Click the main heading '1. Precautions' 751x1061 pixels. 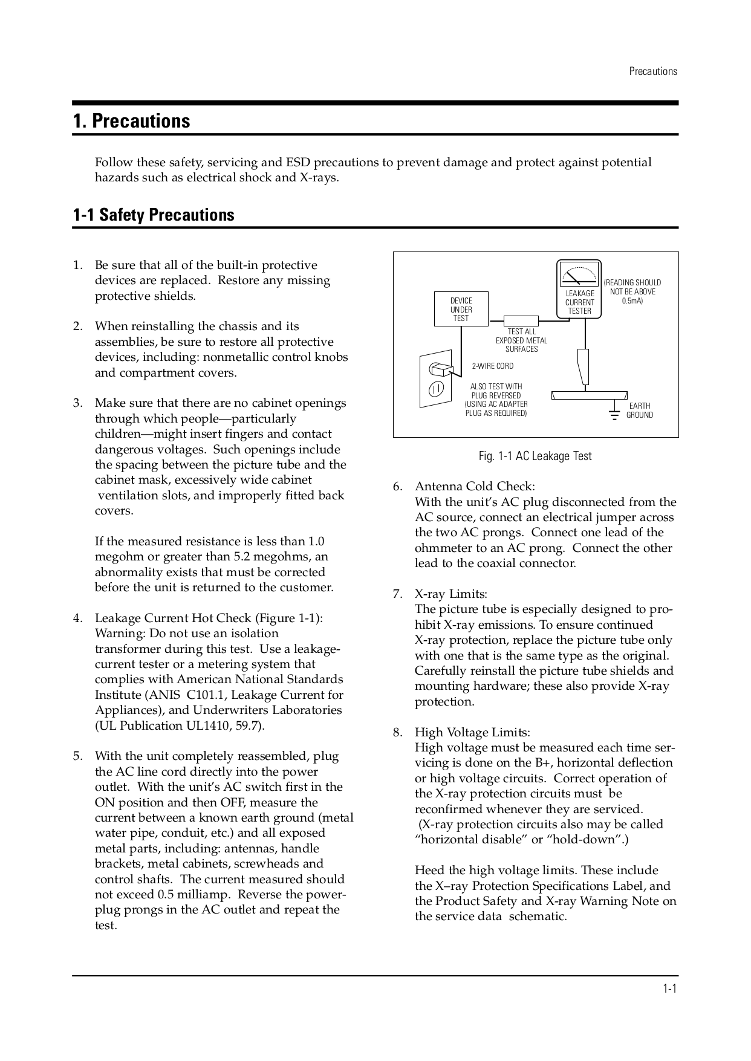pos(131,121)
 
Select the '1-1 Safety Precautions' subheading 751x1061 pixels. pos(154,215)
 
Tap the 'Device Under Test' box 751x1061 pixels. pos(461,309)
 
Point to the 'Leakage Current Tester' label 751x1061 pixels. pos(579,302)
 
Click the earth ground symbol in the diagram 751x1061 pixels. pos(614,414)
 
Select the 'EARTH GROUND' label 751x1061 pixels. pos(639,410)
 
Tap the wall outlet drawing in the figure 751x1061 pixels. pos(435,379)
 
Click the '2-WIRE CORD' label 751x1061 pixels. pos(492,366)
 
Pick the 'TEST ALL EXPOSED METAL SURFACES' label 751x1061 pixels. pos(521,340)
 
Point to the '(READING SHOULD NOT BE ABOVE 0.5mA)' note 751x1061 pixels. pos(632,291)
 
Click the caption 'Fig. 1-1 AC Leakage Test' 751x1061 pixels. pos(535,456)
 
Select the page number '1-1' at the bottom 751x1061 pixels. pos(669,989)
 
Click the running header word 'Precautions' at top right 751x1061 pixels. pos(652,71)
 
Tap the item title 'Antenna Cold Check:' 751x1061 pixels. pos(475,487)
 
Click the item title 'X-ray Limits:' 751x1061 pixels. pos(451,594)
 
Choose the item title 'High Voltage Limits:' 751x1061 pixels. pos(472,733)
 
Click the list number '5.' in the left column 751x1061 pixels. pos(77,756)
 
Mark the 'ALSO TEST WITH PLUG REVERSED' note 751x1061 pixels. pos(496,391)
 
